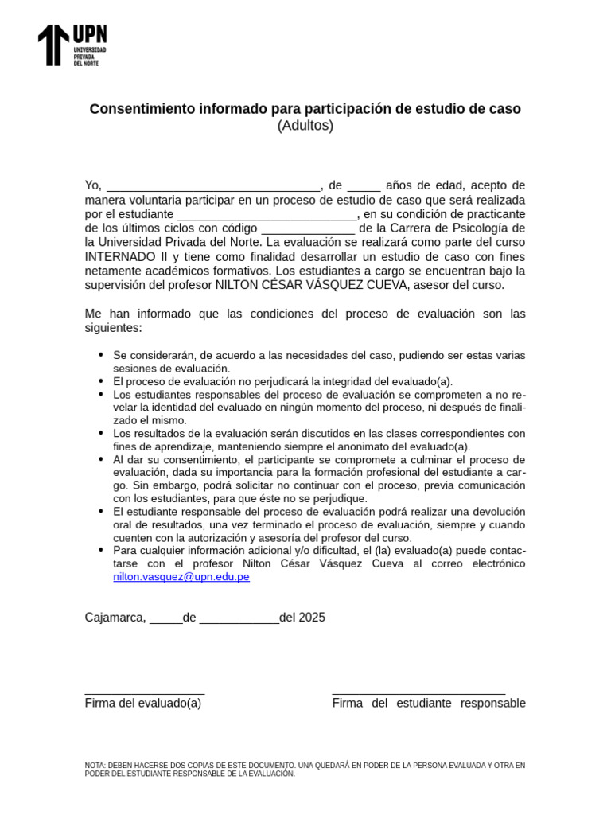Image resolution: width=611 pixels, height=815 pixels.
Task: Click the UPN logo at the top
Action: coord(72,45)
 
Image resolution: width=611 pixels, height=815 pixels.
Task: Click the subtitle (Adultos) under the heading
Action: coord(305,126)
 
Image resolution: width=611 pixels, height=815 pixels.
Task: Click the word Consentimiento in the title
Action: coord(138,109)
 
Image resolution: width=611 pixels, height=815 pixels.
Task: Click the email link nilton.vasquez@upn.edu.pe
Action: coord(181,577)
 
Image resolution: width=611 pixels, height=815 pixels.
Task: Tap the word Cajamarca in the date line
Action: coord(115,618)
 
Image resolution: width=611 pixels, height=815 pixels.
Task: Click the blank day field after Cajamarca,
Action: coord(165,620)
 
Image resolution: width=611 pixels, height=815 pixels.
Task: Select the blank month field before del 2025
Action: coord(239,620)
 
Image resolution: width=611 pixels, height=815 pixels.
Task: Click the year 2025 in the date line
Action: coord(312,618)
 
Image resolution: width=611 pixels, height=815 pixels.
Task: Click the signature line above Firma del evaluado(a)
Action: coord(145,694)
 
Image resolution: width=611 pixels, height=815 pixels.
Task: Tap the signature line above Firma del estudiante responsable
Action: coord(418,694)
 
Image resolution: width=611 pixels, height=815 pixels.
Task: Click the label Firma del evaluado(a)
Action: coord(143,704)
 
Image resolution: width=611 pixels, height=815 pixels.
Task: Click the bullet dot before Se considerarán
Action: coord(101,354)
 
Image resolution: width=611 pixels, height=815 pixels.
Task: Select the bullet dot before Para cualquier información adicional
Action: coord(101,550)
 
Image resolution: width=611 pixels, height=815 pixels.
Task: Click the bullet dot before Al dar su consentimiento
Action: coord(101,459)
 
